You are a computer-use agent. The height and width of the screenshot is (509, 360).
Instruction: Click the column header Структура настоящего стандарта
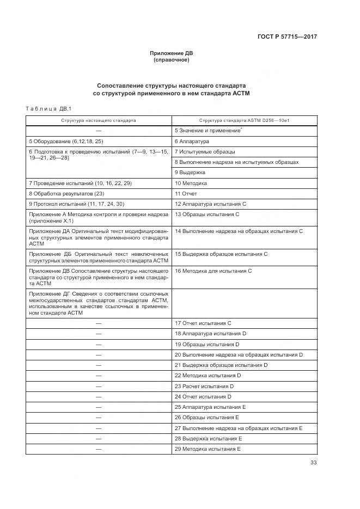(99, 120)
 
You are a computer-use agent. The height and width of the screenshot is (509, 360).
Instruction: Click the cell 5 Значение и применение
(208, 131)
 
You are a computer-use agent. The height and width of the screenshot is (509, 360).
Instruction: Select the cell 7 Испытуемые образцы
(205, 151)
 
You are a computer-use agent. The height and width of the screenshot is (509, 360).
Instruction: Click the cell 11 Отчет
(186, 193)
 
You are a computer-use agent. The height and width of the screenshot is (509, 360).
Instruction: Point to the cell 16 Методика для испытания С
(213, 271)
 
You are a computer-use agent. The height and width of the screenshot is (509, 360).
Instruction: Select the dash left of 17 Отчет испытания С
(99, 323)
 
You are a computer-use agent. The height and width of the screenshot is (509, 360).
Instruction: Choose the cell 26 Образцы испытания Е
(206, 418)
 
